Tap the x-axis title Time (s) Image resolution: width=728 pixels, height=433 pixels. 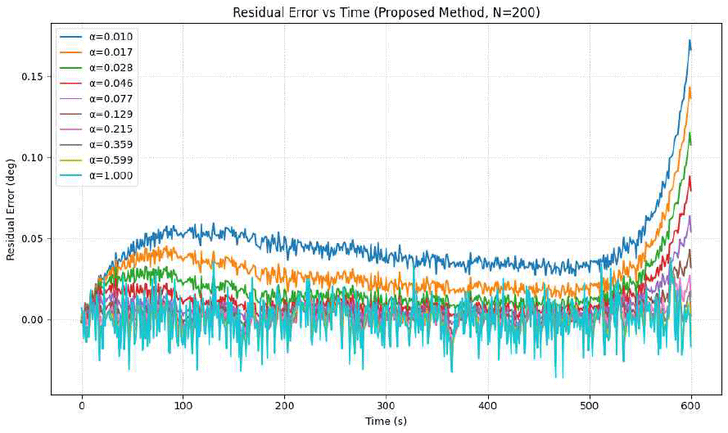pyautogui.click(x=386, y=421)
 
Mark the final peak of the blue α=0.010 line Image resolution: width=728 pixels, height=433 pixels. pyautogui.click(x=690, y=40)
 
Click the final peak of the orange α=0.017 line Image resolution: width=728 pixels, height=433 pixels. pyautogui.click(x=690, y=88)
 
